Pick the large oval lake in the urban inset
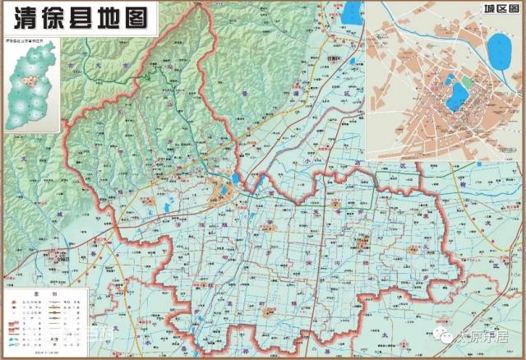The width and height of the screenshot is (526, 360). click(499, 52)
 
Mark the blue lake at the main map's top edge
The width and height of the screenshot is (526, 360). click(353, 12)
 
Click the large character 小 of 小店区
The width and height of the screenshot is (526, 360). click(306, 162)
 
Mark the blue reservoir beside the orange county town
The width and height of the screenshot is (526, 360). click(236, 178)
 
